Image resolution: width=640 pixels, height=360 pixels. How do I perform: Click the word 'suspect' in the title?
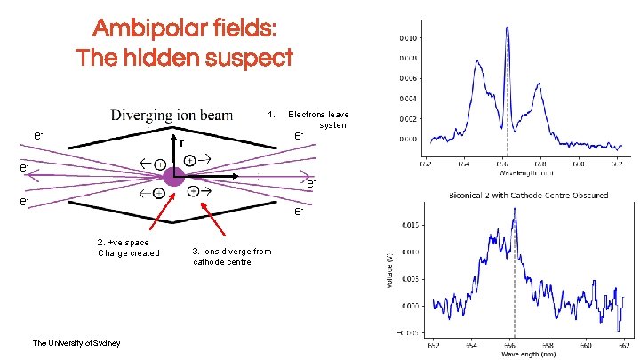click(x=250, y=59)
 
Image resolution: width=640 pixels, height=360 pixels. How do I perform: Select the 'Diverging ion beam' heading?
click(x=172, y=115)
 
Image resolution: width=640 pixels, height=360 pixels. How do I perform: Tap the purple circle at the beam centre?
click(x=172, y=177)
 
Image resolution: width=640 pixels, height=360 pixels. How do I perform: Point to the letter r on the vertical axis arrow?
click(x=181, y=142)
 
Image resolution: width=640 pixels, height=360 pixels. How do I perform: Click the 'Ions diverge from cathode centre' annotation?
click(x=232, y=256)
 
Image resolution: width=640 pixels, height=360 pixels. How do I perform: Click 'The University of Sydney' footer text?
click(x=76, y=343)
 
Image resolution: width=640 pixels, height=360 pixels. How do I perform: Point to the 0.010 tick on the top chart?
click(x=410, y=37)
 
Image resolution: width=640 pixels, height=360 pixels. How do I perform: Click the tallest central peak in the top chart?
click(x=507, y=30)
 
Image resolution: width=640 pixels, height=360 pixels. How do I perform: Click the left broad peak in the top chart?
click(x=478, y=65)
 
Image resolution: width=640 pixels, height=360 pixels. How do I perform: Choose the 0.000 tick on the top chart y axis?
click(x=410, y=139)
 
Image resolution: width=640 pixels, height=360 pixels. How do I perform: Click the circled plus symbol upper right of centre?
click(x=189, y=161)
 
